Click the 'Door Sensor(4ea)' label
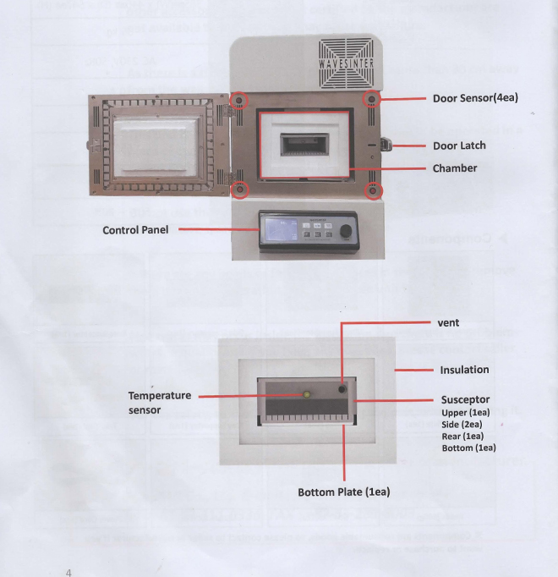475,98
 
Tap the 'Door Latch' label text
459,146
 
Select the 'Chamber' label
455,168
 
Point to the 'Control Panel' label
135,230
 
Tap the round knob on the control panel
345,232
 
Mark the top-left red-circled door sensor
240,100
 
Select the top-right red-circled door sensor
371,100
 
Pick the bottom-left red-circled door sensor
240,188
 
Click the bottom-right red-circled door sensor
372,190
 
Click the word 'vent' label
447,323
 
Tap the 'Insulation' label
464,370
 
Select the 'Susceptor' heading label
465,399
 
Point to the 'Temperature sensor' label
159,403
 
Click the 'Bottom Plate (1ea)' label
343,492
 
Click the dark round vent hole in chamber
342,389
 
